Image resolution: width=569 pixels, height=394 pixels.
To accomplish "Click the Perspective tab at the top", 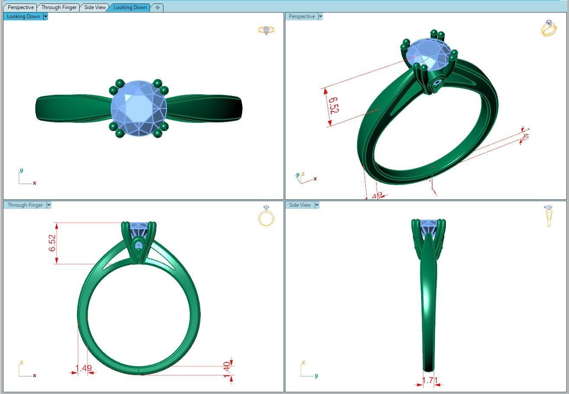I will pyautogui.click(x=20, y=7).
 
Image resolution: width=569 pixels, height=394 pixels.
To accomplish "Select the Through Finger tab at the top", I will pyautogui.click(x=59, y=7).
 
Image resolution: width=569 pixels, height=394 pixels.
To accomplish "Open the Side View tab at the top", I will pyautogui.click(x=95, y=7).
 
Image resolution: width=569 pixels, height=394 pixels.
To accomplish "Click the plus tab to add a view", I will pyautogui.click(x=157, y=7).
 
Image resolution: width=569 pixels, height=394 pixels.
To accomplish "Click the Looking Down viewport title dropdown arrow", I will pyautogui.click(x=45, y=16).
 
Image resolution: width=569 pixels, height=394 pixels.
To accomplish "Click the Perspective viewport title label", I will pyautogui.click(x=301, y=16).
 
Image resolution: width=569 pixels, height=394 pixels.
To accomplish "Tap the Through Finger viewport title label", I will pyautogui.click(x=25, y=205).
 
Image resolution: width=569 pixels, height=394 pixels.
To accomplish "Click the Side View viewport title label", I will pyautogui.click(x=300, y=205).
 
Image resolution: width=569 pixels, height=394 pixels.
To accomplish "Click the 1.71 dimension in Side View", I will pyautogui.click(x=430, y=381).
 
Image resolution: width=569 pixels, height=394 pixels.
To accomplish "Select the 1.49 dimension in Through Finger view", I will pyautogui.click(x=83, y=368).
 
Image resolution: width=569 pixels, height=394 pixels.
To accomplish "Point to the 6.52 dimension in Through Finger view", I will pyautogui.click(x=52, y=243).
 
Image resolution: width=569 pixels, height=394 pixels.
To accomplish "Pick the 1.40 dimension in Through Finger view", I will pyautogui.click(x=227, y=369).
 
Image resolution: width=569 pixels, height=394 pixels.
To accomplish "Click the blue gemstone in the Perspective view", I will pyautogui.click(x=428, y=54).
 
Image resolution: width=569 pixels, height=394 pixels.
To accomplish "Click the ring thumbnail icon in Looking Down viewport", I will pyautogui.click(x=266, y=30).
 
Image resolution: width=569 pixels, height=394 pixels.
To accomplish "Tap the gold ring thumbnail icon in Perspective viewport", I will pyautogui.click(x=548, y=29).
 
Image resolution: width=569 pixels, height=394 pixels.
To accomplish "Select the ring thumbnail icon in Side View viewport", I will pyautogui.click(x=548, y=216).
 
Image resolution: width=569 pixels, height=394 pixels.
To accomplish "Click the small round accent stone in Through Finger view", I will pyautogui.click(x=138, y=247).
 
